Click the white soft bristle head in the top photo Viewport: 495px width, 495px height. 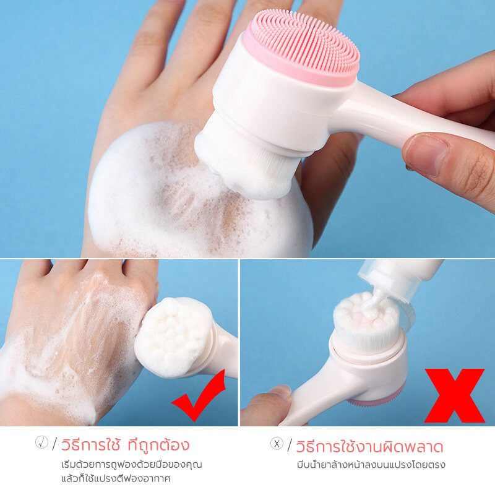pyautogui.click(x=248, y=158)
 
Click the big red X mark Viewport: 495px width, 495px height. pyautogui.click(x=455, y=395)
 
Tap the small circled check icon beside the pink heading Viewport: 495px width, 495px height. pyautogui.click(x=41, y=442)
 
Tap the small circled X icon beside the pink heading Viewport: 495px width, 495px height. pyautogui.click(x=277, y=444)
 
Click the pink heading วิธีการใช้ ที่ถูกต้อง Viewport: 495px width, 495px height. pyautogui.click(x=125, y=444)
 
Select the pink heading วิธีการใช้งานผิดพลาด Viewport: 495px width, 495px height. pyautogui.click(x=369, y=446)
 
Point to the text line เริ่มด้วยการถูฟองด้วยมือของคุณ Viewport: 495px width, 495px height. pyautogui.click(x=131, y=465)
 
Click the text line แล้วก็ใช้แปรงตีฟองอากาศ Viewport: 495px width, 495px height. pyautogui.click(x=116, y=478)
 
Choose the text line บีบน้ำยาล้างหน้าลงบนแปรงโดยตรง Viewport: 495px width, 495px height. pyautogui.click(x=371, y=465)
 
